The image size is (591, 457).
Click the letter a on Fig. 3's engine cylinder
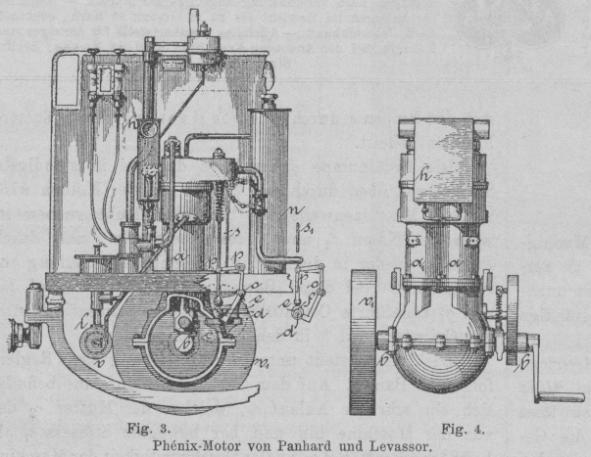coord(180,256)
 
